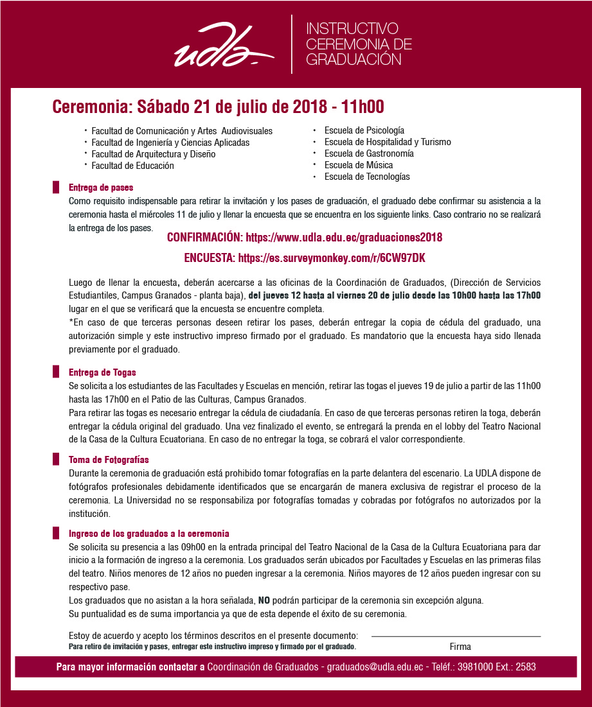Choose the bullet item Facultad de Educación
coord(132,166)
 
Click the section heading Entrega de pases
coord(101,188)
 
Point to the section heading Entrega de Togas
coord(102,372)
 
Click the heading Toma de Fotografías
coord(109,460)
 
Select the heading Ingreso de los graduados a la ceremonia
coord(148,534)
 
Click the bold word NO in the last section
coord(264,601)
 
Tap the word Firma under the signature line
coord(460,647)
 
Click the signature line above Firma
coord(456,636)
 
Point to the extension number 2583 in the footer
coord(525,667)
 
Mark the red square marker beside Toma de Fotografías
coord(55,460)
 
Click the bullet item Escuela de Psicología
coord(364,130)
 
